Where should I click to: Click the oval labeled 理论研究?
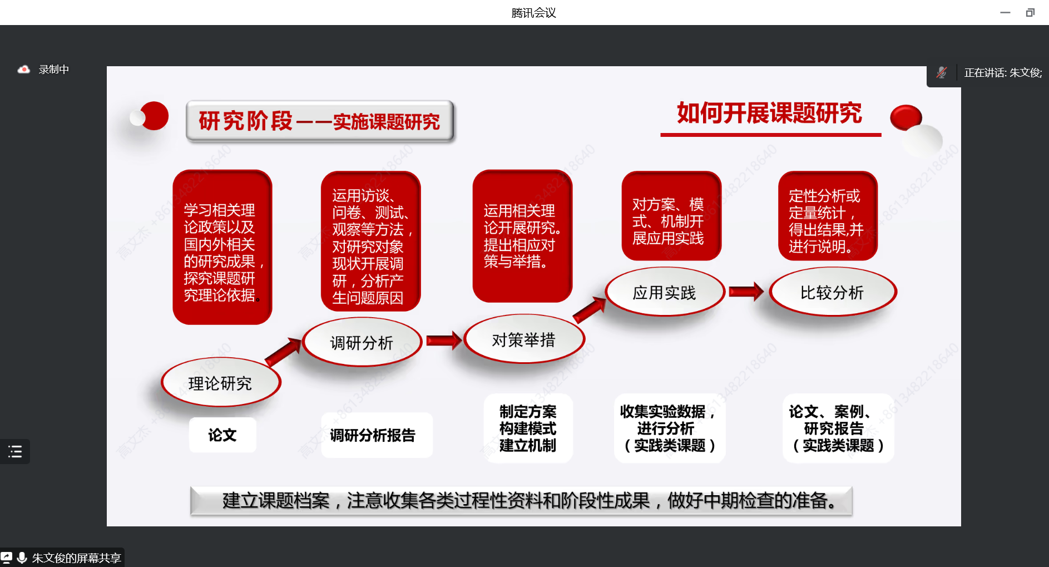point(221,382)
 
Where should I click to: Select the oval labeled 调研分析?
point(362,342)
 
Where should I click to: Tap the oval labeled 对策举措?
point(524,339)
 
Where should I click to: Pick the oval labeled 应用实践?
point(665,292)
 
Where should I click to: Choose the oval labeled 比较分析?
point(833,292)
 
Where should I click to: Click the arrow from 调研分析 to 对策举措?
point(444,340)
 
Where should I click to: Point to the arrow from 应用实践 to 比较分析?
point(746,291)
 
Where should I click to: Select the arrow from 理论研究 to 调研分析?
point(284,352)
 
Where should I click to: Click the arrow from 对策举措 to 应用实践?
point(590,309)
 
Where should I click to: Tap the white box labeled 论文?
point(222,435)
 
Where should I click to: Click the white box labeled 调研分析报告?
point(377,435)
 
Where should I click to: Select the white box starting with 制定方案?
point(528,428)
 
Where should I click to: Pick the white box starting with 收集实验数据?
point(669,428)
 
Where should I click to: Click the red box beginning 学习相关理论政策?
point(222,247)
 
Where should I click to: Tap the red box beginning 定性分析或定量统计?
point(828,216)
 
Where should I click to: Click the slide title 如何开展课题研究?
point(769,113)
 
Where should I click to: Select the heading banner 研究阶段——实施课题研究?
point(320,121)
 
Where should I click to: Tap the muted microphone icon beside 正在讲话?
point(941,72)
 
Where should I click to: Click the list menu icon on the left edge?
point(15,451)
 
